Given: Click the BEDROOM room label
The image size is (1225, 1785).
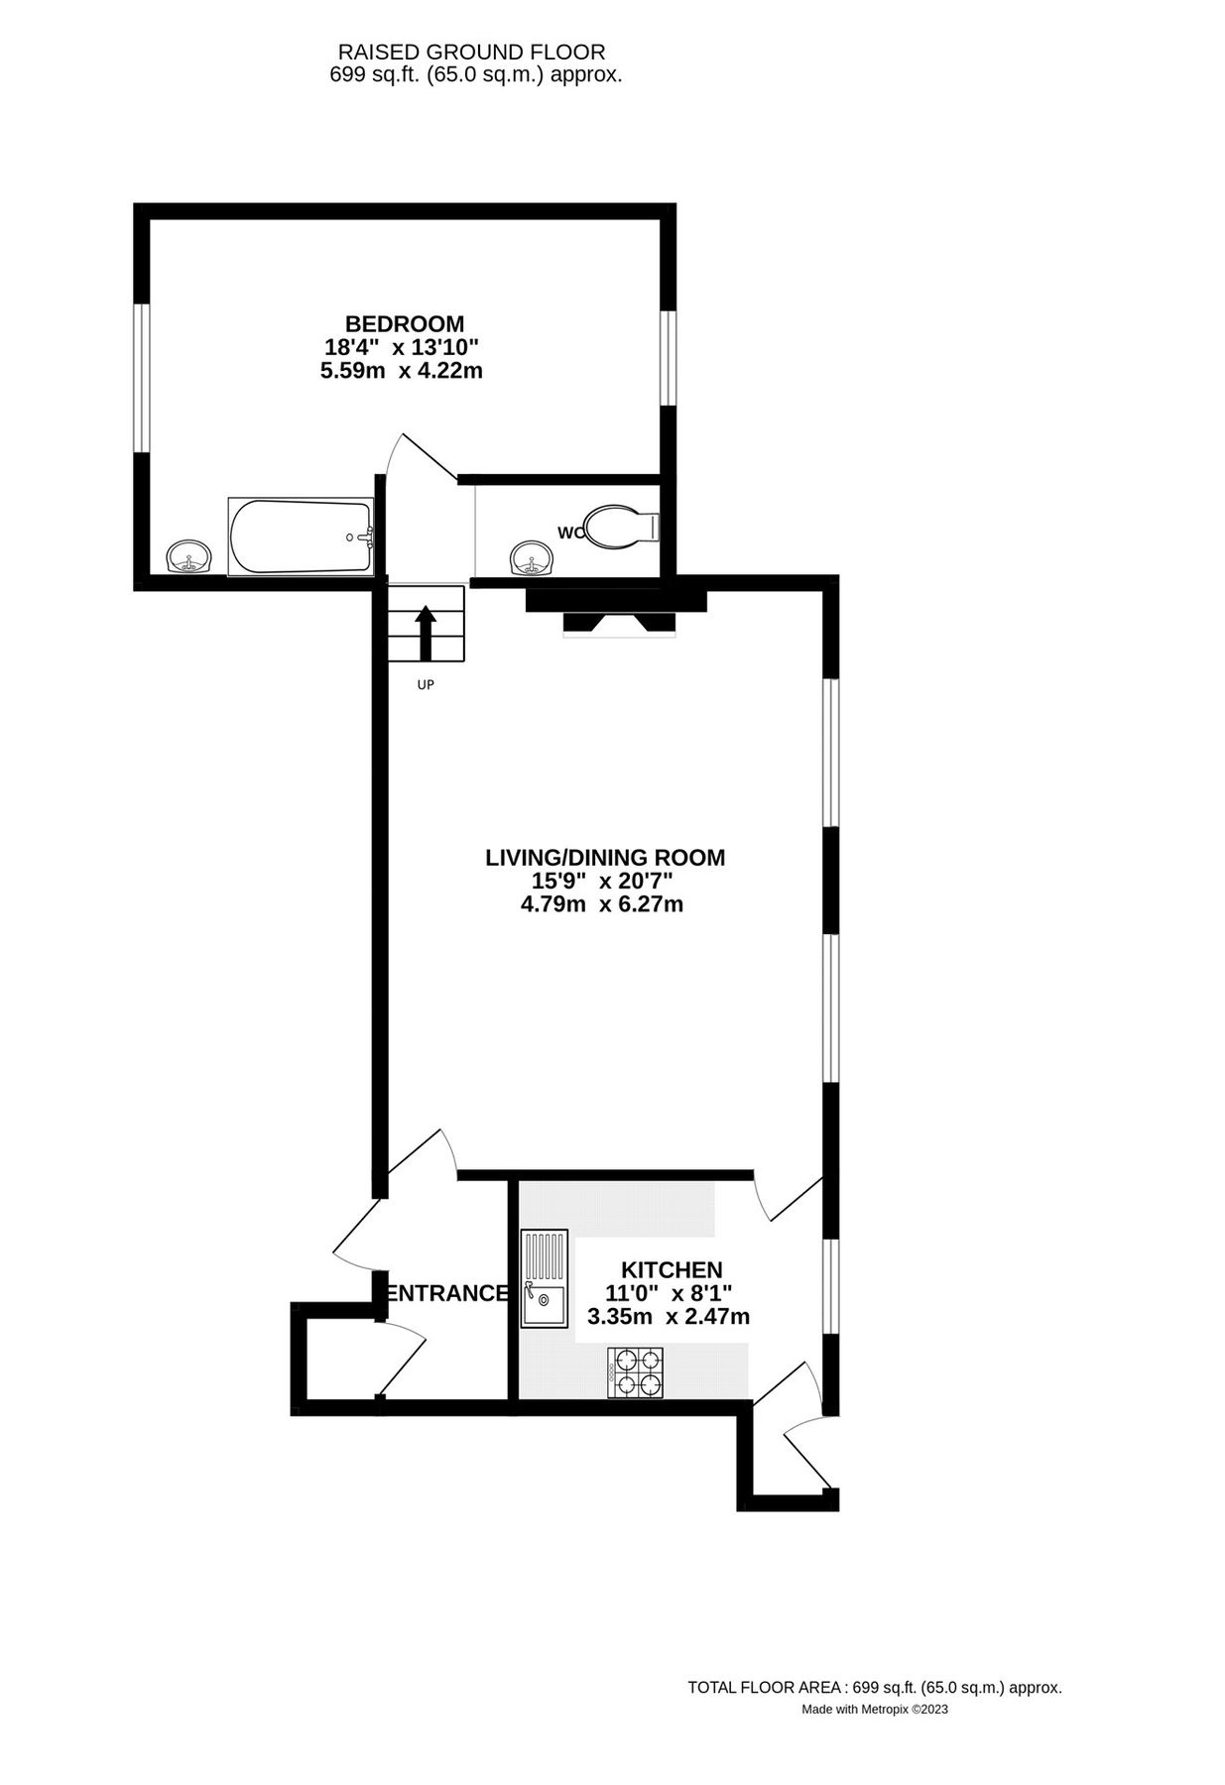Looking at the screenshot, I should pyautogui.click(x=404, y=323).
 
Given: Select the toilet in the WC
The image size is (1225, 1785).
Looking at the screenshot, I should pyautogui.click(x=619, y=526).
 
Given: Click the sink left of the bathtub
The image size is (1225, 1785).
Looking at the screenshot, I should pyautogui.click(x=188, y=557).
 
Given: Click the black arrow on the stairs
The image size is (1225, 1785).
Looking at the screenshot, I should pyautogui.click(x=426, y=633).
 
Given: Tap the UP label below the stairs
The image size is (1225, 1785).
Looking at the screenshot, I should pyautogui.click(x=426, y=684).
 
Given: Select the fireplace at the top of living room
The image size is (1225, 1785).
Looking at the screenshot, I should pyautogui.click(x=616, y=611).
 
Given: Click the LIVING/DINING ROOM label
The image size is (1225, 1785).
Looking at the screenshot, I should pyautogui.click(x=604, y=857).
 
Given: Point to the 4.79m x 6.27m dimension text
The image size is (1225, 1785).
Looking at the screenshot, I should pyautogui.click(x=601, y=904).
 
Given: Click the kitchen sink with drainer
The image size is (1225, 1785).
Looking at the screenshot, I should pyautogui.click(x=545, y=1278).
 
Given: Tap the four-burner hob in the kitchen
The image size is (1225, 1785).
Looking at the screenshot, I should pyautogui.click(x=636, y=1371).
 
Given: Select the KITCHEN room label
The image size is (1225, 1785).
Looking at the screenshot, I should pyautogui.click(x=671, y=1269).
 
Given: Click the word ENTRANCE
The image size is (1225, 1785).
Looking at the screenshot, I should pyautogui.click(x=447, y=1293).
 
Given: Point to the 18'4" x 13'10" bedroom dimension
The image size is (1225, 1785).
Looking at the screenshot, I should pyautogui.click(x=402, y=347).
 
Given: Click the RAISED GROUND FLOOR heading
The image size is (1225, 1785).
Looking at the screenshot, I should pyautogui.click(x=471, y=52).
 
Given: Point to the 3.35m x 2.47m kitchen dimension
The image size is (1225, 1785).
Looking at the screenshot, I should pyautogui.click(x=668, y=1317).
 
